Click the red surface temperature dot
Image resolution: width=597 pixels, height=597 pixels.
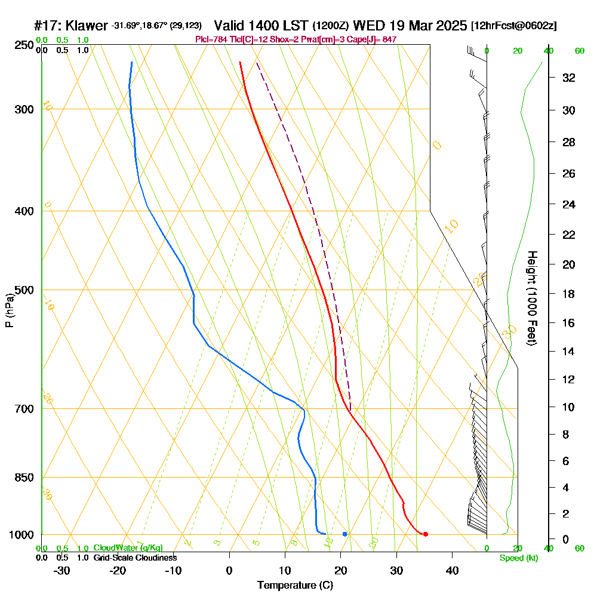(x=425, y=534)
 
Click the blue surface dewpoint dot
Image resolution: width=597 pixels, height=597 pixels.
(x=345, y=534)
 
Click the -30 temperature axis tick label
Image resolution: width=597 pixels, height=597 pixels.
(x=62, y=570)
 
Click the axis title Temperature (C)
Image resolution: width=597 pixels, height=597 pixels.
(x=295, y=585)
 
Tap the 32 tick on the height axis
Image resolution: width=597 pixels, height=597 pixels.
(x=569, y=78)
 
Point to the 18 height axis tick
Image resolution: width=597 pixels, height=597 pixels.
(x=569, y=294)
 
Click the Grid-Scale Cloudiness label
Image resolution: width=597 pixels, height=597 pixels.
(x=134, y=558)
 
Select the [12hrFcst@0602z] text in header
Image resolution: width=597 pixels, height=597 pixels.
(x=513, y=26)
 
